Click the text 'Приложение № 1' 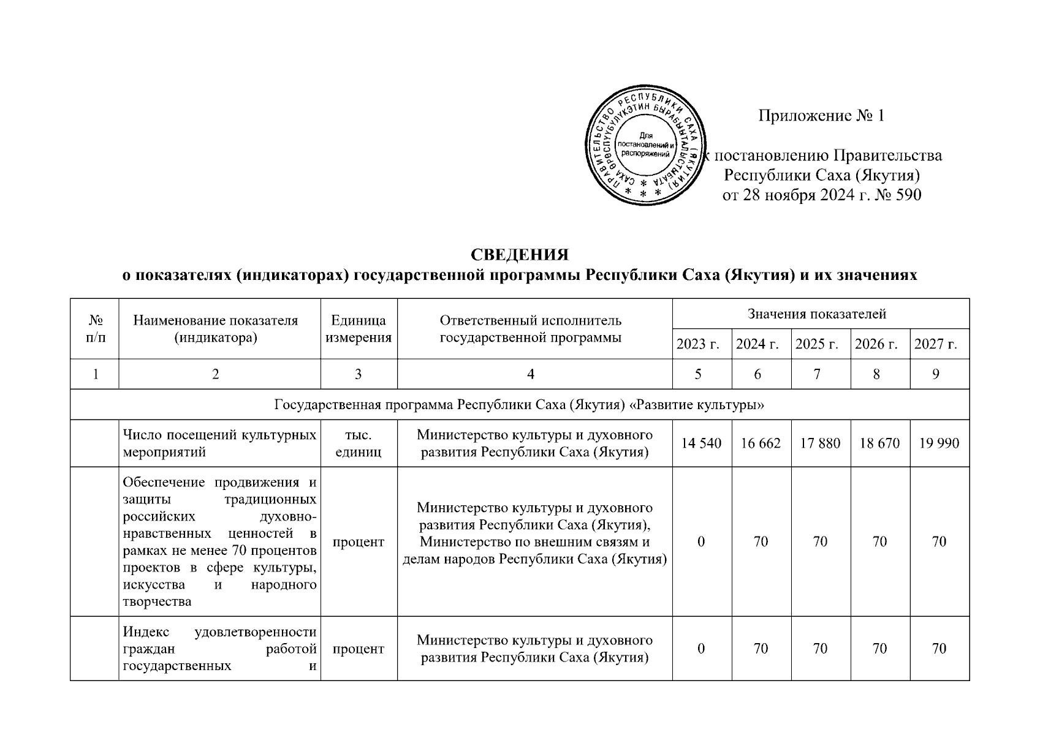[821, 116]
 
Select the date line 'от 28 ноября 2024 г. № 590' [822, 195]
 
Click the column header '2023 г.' [697, 344]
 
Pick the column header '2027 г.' [935, 344]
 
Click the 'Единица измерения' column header [359, 329]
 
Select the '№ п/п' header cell [95, 329]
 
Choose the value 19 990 [939, 443]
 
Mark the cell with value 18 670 [879, 443]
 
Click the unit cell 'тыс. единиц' [359, 443]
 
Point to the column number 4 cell [531, 374]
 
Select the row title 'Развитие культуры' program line [520, 405]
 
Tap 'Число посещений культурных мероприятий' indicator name [219, 443]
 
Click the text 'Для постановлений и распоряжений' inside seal [646, 145]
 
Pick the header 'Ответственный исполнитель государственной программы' [531, 329]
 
